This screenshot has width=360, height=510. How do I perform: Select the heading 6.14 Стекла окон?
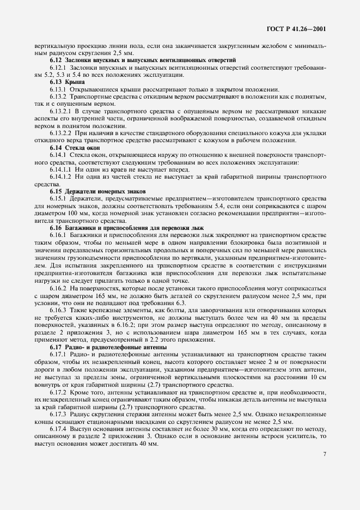(x=76, y=148)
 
